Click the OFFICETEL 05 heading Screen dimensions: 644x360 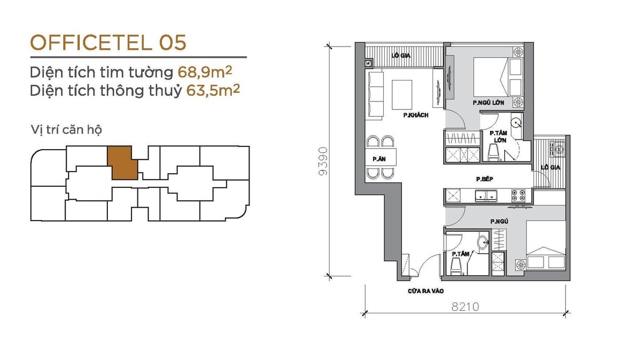pos(108,43)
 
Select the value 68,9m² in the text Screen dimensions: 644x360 pos(204,72)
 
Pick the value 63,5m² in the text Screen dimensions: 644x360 pos(213,90)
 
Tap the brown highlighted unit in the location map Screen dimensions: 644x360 pos(122,163)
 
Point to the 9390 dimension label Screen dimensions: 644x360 pos(323,161)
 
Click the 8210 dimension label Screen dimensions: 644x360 pos(465,307)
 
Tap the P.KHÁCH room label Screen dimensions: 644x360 pos(416,115)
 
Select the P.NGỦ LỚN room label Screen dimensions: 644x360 pos(488,102)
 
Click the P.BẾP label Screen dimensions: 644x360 pos(485,179)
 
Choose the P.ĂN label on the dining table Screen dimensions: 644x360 pos(379,159)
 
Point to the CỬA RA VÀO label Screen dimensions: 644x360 pos(426,291)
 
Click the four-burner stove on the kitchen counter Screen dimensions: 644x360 pos(518,195)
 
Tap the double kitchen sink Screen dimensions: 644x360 pos(486,196)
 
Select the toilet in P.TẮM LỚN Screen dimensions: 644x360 pos(495,152)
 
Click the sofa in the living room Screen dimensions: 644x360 pos(375,95)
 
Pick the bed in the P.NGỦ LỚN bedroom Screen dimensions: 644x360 pos(497,77)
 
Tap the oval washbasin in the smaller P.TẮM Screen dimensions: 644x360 pos(482,242)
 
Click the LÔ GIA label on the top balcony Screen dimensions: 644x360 pos(401,55)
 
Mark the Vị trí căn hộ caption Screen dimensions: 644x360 pos(67,130)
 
